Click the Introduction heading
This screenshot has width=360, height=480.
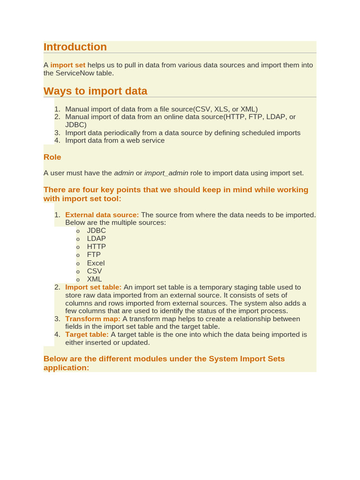tap(75, 47)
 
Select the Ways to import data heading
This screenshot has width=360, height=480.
tap(95, 91)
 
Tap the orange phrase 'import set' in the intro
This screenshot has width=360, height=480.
tap(68, 65)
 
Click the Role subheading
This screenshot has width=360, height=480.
tap(52, 157)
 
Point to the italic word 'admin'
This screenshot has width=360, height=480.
tap(124, 173)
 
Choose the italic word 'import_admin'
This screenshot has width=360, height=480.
tap(166, 173)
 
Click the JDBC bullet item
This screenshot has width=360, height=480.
tap(97, 231)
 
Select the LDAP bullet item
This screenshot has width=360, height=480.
tap(97, 239)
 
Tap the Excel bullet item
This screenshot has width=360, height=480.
tap(96, 263)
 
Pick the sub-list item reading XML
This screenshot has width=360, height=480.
tap(94, 279)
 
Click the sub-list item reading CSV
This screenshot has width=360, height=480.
tap(94, 271)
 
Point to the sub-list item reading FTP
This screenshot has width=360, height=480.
tap(94, 255)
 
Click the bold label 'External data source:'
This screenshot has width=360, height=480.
tap(102, 215)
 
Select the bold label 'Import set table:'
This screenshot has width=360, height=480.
tap(93, 287)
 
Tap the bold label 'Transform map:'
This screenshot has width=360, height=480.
tap(93, 319)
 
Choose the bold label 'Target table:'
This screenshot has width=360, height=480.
tap(87, 335)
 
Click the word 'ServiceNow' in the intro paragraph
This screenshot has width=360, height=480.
tap(75, 73)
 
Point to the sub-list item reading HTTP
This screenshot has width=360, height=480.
tap(97, 247)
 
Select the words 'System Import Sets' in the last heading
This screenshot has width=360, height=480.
tap(247, 359)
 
